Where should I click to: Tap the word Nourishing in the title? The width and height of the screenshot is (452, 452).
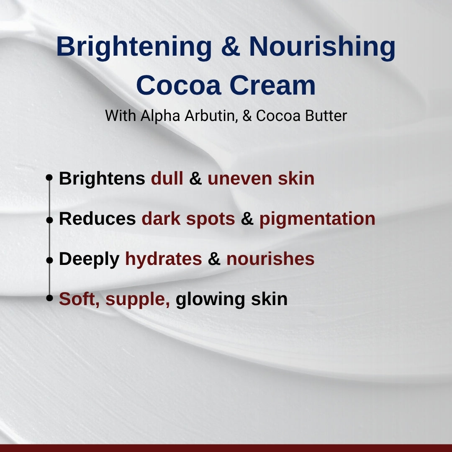point(322,47)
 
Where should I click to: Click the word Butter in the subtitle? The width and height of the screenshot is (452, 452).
point(326,116)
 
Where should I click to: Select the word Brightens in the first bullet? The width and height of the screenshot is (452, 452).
point(102,179)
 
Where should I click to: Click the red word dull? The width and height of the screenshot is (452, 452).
point(167,179)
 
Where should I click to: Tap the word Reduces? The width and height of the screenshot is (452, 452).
point(97,219)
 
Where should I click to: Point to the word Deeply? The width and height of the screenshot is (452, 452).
point(89,259)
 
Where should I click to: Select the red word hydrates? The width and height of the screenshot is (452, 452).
point(163,259)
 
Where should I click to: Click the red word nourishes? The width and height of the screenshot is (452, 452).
point(270,259)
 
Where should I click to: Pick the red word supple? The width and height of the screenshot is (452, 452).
point(138,300)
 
